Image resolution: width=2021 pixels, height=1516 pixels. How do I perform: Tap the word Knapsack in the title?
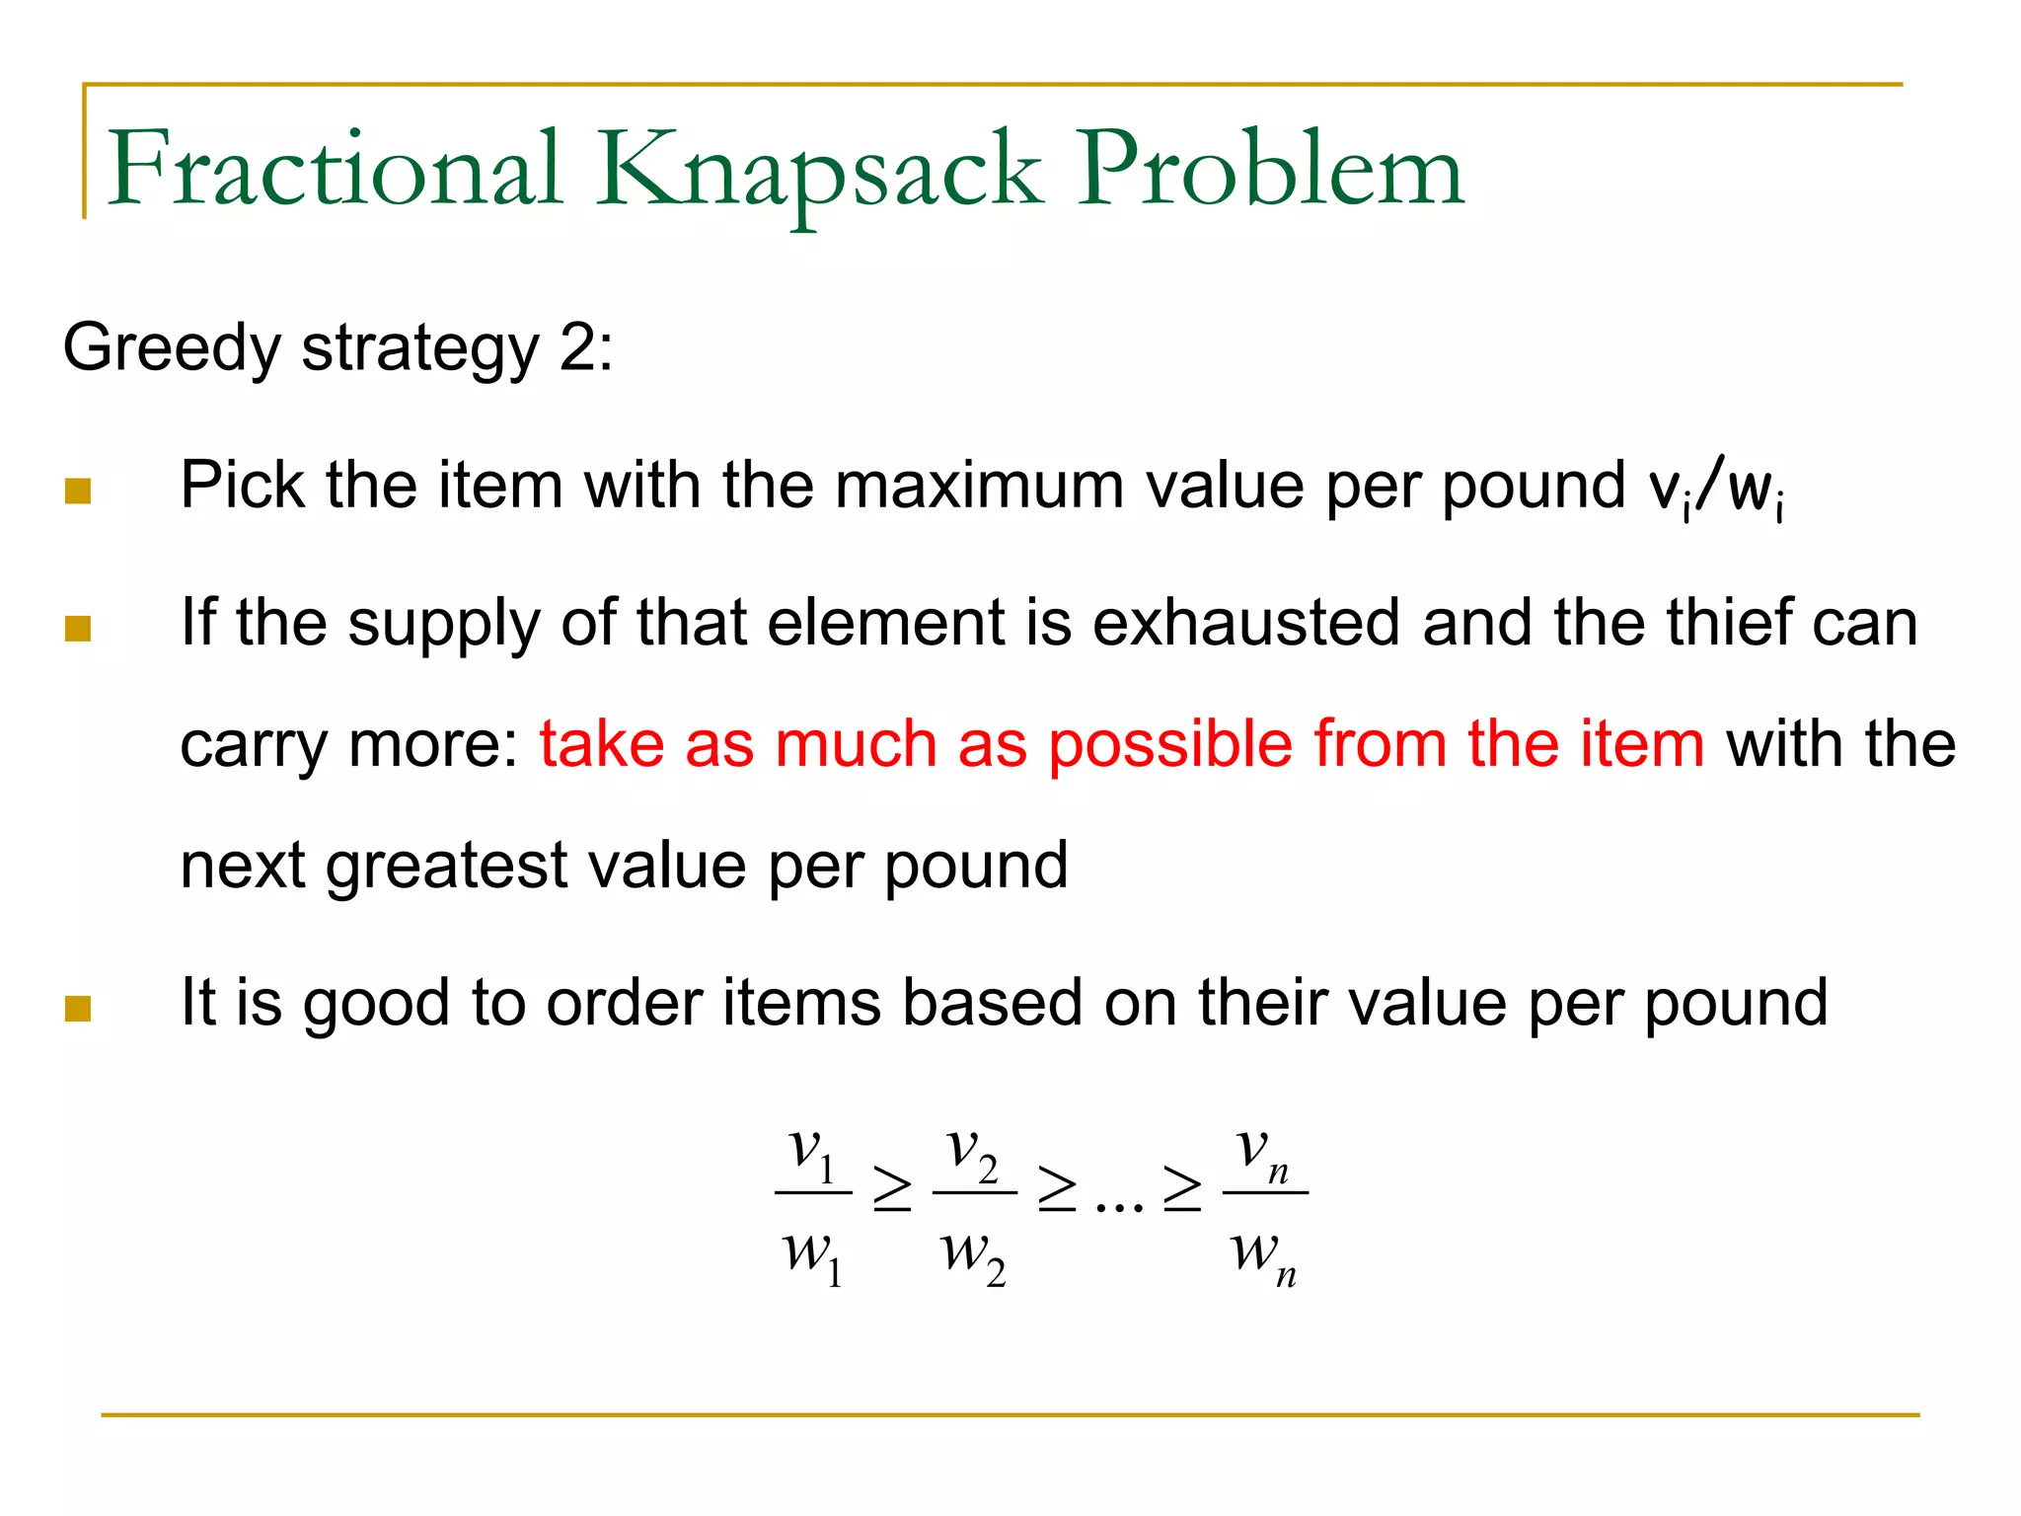[819, 170]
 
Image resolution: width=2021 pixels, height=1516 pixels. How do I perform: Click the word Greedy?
[172, 349]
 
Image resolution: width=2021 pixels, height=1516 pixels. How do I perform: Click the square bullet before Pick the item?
[78, 491]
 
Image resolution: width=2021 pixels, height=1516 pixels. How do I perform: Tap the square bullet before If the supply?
[78, 629]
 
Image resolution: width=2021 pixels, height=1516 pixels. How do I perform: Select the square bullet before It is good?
[78, 1008]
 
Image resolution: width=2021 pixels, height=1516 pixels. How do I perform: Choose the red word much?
[856, 744]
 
